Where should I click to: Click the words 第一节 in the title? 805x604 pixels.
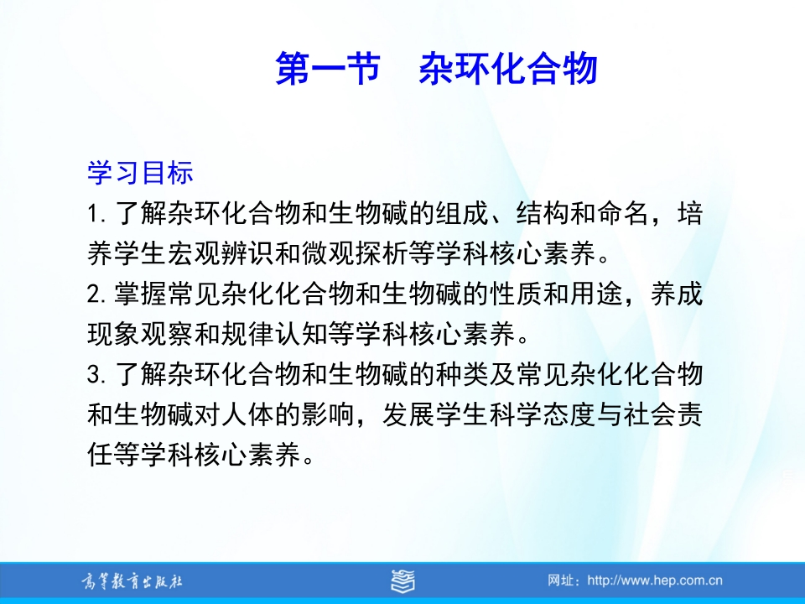click(x=328, y=68)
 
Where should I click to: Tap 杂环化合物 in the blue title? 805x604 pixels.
click(x=508, y=68)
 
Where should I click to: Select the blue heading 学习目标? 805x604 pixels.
click(x=140, y=172)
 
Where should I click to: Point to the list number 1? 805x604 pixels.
click(x=96, y=214)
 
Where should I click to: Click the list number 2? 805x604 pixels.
click(x=96, y=294)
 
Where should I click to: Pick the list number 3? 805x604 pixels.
click(x=96, y=374)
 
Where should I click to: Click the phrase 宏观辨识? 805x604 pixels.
click(x=221, y=253)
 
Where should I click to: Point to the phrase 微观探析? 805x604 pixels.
click(x=355, y=253)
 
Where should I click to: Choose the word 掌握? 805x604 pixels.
click(x=140, y=294)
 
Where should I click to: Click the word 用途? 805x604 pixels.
click(x=595, y=294)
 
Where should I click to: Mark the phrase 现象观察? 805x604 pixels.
click(x=140, y=334)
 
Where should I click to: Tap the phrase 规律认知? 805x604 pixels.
click(x=274, y=334)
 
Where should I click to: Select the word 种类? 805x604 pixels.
click(x=461, y=374)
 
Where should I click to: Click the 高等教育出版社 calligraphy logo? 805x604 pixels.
click(x=132, y=581)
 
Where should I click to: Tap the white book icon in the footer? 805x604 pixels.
click(x=402, y=581)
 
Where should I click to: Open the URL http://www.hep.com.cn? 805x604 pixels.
click(x=655, y=581)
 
